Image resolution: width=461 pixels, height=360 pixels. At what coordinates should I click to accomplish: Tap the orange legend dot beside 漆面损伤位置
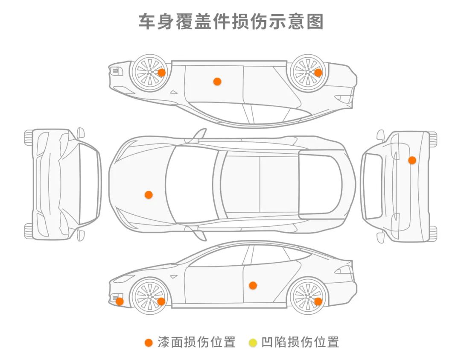click(149, 342)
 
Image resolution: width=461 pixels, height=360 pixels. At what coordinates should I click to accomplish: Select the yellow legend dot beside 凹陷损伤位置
click(253, 342)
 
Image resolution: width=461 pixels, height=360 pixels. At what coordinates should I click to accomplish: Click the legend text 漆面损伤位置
click(196, 342)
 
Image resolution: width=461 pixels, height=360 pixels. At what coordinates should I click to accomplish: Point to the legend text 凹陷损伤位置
click(300, 342)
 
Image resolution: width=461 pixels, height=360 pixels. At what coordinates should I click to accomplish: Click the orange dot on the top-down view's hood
click(149, 195)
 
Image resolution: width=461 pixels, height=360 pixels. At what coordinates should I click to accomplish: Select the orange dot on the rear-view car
click(412, 160)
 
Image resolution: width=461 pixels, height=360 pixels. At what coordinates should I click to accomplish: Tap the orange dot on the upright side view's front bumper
click(120, 301)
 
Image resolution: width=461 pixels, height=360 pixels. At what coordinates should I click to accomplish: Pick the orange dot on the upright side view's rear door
click(253, 285)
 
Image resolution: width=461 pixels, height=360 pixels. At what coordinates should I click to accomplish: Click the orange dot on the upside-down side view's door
click(217, 81)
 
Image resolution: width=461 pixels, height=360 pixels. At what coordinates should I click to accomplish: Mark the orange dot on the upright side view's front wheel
click(161, 301)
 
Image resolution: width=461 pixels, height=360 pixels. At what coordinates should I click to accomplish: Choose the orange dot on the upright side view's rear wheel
click(318, 301)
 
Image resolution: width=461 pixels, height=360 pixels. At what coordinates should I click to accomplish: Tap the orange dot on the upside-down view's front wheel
click(161, 72)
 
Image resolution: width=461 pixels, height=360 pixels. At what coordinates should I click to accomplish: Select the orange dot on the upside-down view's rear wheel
click(318, 73)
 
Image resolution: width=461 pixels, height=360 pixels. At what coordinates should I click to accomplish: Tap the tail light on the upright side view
click(344, 269)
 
